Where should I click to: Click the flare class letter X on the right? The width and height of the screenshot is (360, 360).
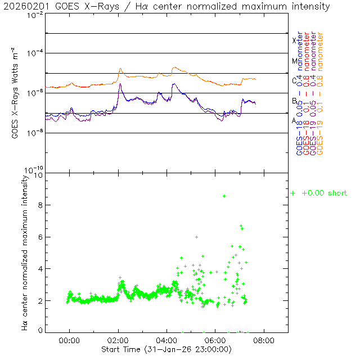tap(294, 40)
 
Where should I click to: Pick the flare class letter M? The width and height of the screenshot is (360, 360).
tap(294, 61)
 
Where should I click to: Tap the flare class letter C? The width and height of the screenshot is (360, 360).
tap(294, 80)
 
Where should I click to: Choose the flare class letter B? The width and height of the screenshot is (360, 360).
tap(294, 101)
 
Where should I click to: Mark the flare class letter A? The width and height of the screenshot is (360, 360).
tap(294, 120)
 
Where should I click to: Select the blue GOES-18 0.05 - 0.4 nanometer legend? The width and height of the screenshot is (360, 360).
tap(299, 93)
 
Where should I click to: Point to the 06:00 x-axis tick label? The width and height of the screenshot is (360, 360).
tap(215, 340)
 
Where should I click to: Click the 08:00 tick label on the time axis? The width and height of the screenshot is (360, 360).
tap(264, 340)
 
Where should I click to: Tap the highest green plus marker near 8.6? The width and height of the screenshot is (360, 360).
tap(224, 196)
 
